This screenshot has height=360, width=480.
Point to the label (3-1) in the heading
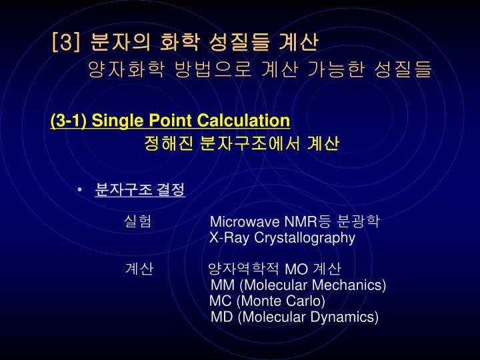click(x=69, y=121)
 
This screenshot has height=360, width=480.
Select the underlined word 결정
click(x=171, y=190)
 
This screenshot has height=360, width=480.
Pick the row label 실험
click(x=138, y=222)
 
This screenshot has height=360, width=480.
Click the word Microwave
click(x=245, y=222)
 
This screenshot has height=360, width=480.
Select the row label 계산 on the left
click(x=139, y=269)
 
